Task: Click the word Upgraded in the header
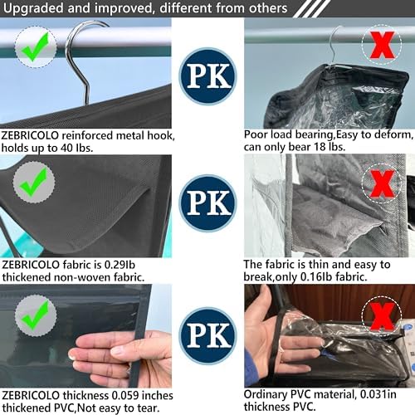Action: tap(33, 8)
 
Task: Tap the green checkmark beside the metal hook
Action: tap(36, 46)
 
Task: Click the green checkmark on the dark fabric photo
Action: tap(34, 182)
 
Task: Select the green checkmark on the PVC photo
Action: tap(36, 315)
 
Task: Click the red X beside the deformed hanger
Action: tap(382, 45)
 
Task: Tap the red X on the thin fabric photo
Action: tap(382, 183)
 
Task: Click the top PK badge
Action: tap(208, 76)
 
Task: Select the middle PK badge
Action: tap(208, 203)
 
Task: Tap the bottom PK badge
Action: tap(208, 335)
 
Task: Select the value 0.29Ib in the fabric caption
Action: tap(120, 265)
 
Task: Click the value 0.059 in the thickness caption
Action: tap(125, 395)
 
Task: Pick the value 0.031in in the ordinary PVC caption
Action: tap(378, 394)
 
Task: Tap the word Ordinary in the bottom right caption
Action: tap(266, 395)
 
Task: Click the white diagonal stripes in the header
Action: tap(311, 8)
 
